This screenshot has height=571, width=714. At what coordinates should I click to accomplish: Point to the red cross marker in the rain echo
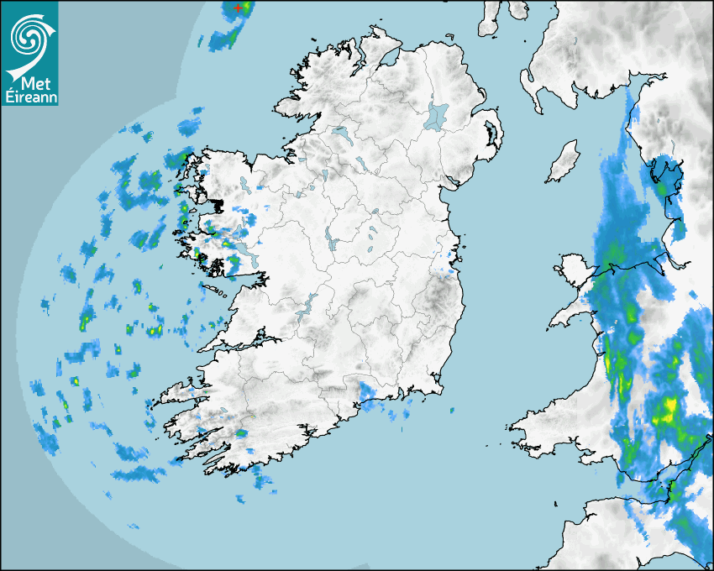pyautogui.click(x=239, y=8)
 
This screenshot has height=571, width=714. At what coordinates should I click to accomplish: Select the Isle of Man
pyautogui.click(x=564, y=161)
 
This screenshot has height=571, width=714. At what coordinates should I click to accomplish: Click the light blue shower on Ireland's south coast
pyautogui.click(x=367, y=393)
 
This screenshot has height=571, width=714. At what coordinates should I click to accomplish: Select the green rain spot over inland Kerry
pyautogui.click(x=241, y=432)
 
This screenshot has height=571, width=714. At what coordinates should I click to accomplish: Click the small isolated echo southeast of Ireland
pyautogui.click(x=451, y=410)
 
